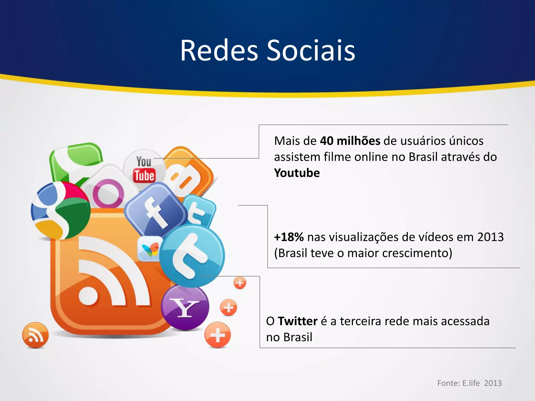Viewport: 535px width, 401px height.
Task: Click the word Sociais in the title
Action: point(311,51)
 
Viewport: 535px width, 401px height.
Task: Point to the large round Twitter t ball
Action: point(192,256)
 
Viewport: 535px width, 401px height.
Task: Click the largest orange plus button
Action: point(217,335)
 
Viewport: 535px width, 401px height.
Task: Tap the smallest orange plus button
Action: point(240,283)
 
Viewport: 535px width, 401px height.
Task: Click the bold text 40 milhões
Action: point(350,141)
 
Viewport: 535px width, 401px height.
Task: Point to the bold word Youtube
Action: point(297,173)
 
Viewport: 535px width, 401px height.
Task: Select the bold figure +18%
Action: point(289,237)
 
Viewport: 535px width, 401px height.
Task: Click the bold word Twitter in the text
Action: point(298,321)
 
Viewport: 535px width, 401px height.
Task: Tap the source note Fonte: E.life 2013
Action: point(469,383)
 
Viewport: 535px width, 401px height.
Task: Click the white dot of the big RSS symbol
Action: point(88,296)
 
